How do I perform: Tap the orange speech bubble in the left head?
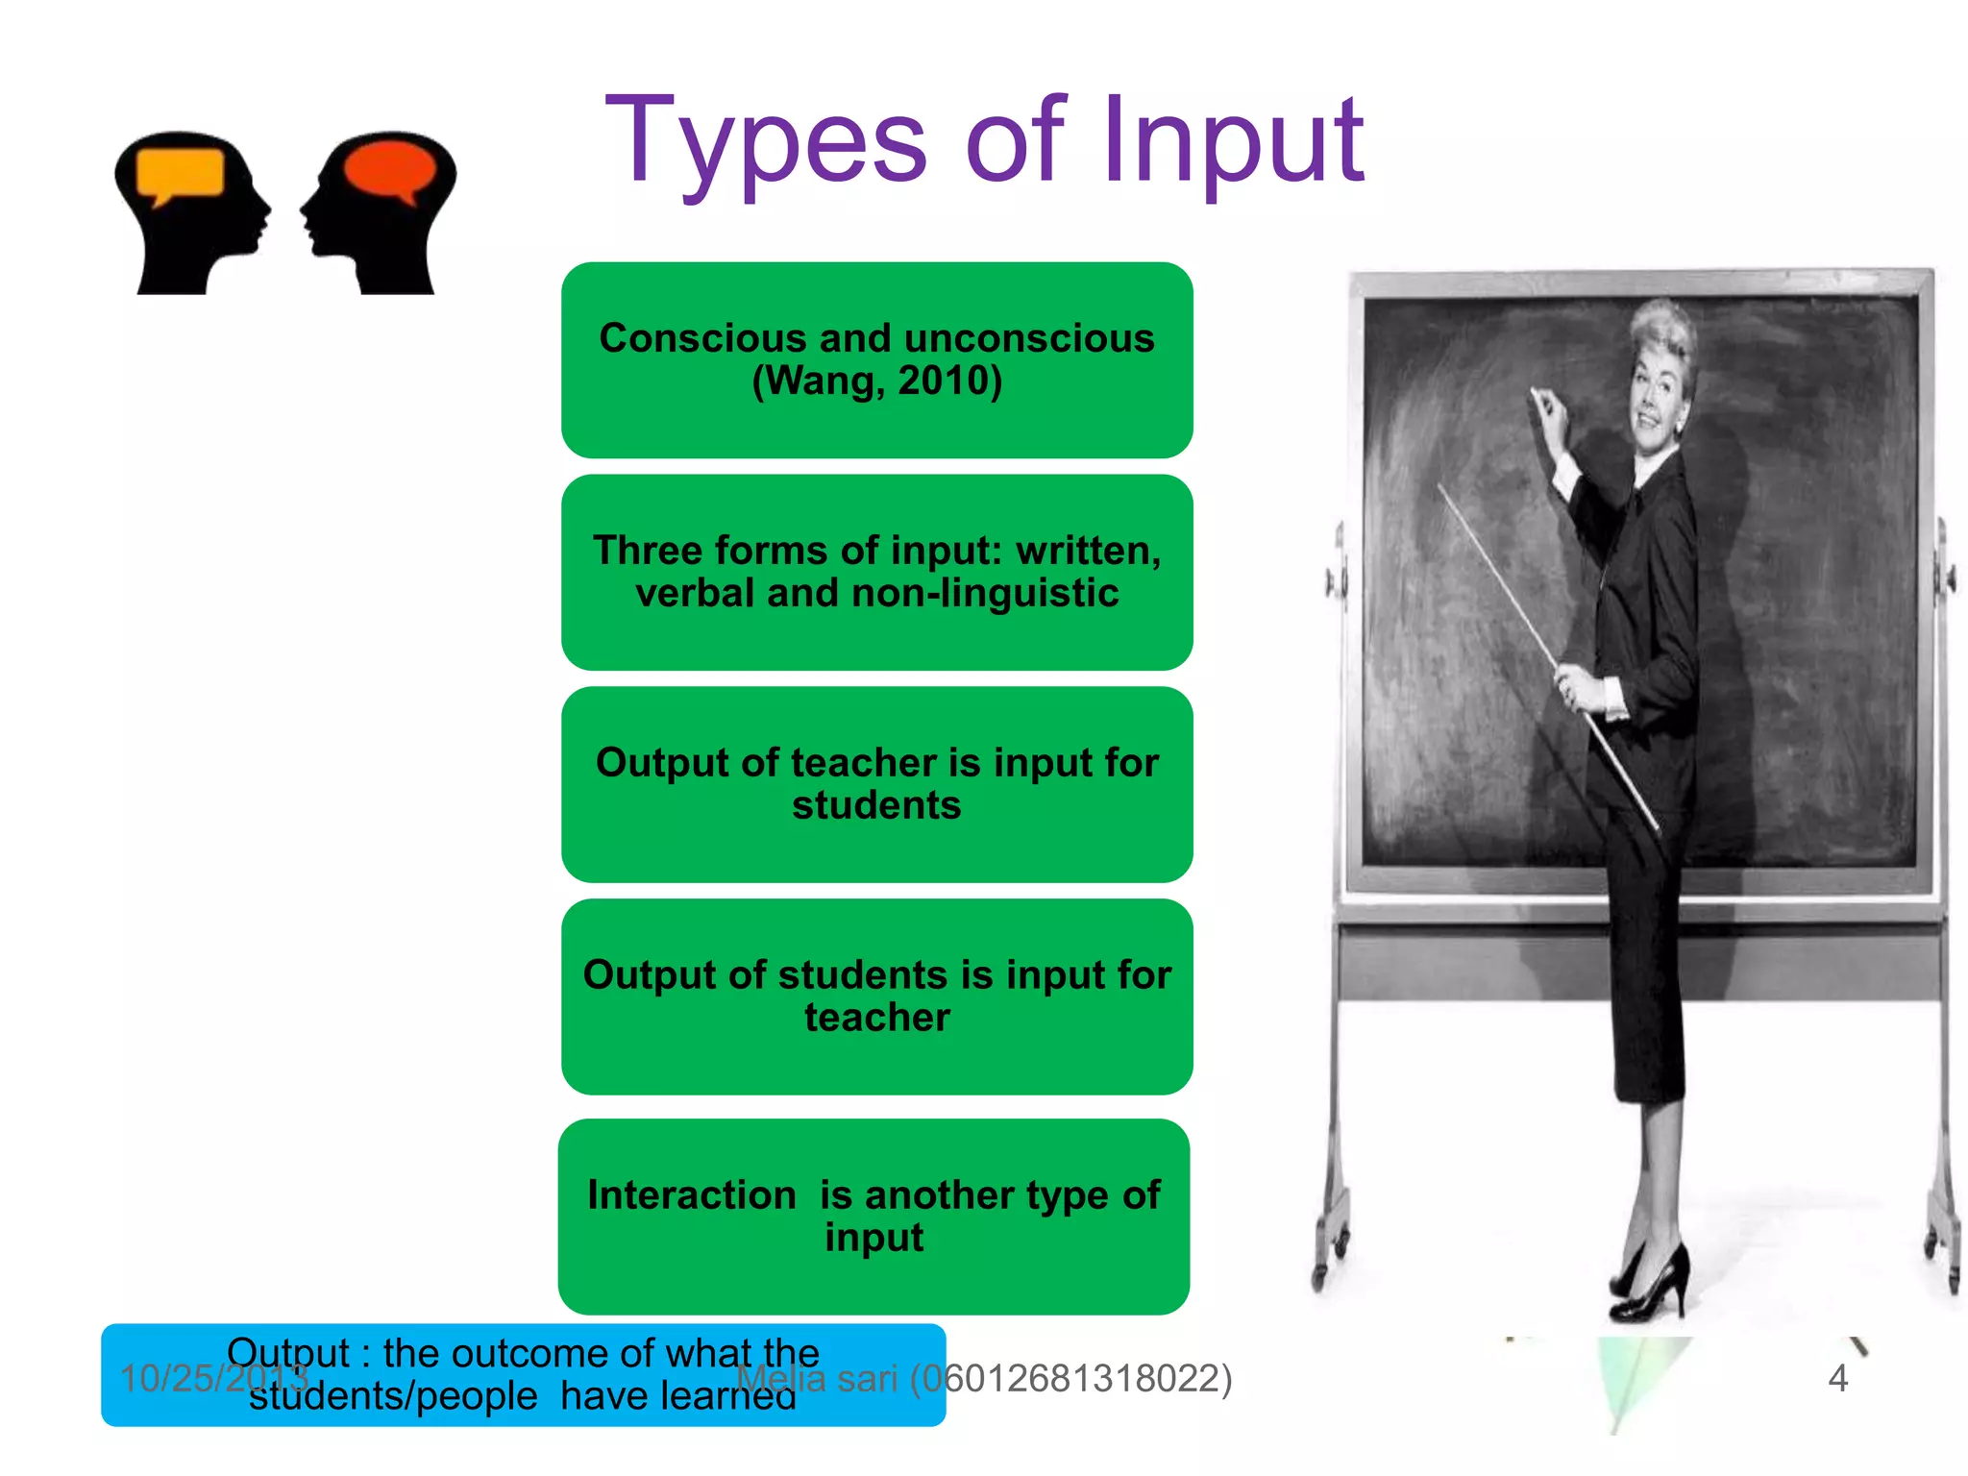(180, 174)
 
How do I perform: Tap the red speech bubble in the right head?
(389, 169)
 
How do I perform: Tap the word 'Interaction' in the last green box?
(692, 1195)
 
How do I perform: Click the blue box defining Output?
(523, 1374)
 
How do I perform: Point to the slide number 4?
(1837, 1378)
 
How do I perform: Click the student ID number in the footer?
(1070, 1378)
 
